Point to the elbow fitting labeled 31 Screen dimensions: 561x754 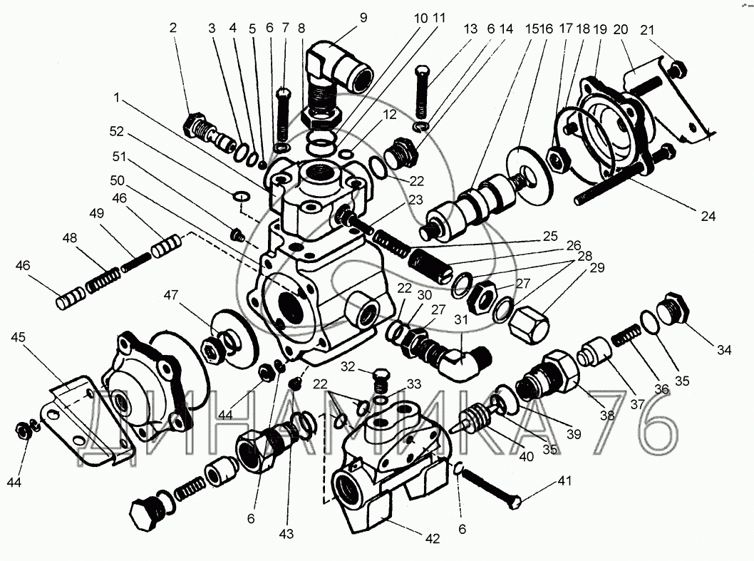[x=463, y=361]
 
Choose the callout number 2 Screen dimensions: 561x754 [x=172, y=28]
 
